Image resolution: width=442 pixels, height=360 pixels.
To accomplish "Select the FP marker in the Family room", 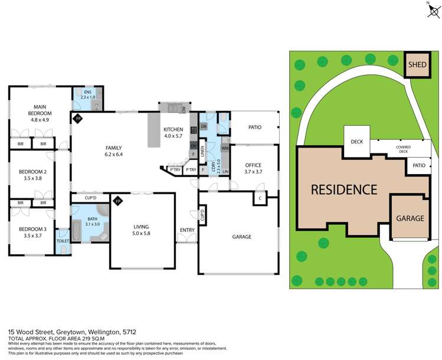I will pyautogui.click(x=77, y=119).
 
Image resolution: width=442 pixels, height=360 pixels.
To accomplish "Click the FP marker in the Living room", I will pyautogui.click(x=118, y=201).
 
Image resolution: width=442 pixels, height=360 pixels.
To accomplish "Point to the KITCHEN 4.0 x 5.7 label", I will pyautogui.click(x=173, y=132).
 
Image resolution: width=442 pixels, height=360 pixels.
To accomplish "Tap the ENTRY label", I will pyautogui.click(x=187, y=229).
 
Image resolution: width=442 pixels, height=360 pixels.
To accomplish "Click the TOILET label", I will pyautogui.click(x=63, y=241).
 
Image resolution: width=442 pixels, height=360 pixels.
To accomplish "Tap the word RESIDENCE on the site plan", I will pyautogui.click(x=344, y=189).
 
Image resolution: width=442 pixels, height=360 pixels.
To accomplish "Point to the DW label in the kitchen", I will pyautogui.click(x=184, y=110).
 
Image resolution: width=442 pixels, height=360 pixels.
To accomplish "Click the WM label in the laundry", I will pyautogui.click(x=225, y=148).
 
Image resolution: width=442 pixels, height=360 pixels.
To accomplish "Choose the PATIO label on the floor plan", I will pyautogui.click(x=254, y=126).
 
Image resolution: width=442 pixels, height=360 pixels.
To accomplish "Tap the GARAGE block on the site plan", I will pyautogui.click(x=410, y=218).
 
